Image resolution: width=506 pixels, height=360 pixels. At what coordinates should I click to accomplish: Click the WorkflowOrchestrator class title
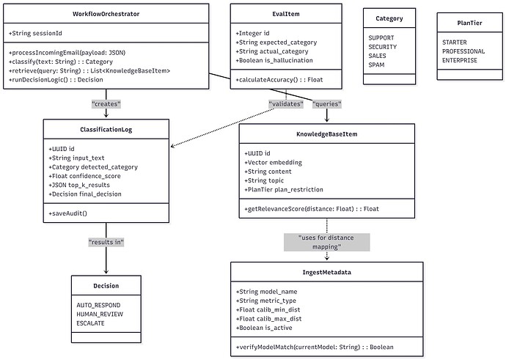pyautogui.click(x=106, y=14)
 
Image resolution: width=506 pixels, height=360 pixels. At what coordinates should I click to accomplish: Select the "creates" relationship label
pyautogui.click(x=106, y=104)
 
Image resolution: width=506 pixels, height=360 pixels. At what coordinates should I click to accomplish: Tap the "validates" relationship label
pyautogui.click(x=287, y=104)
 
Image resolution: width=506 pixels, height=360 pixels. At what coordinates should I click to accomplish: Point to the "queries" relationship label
pyautogui.click(x=326, y=104)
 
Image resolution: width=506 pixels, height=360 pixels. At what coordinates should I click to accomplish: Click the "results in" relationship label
pyautogui.click(x=106, y=241)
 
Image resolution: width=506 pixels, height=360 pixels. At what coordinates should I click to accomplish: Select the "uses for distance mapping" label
pyautogui.click(x=326, y=242)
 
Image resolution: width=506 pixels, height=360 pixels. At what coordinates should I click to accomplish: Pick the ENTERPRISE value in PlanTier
pyautogui.click(x=459, y=60)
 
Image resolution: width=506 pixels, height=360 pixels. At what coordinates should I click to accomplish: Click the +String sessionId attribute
pyautogui.click(x=34, y=34)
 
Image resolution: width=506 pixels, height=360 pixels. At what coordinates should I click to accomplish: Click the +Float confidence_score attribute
pyautogui.click(x=91, y=176)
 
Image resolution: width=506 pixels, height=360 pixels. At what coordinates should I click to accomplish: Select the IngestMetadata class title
pyautogui.click(x=326, y=272)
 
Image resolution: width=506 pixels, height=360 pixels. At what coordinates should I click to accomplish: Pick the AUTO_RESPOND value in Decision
pyautogui.click(x=98, y=304)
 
